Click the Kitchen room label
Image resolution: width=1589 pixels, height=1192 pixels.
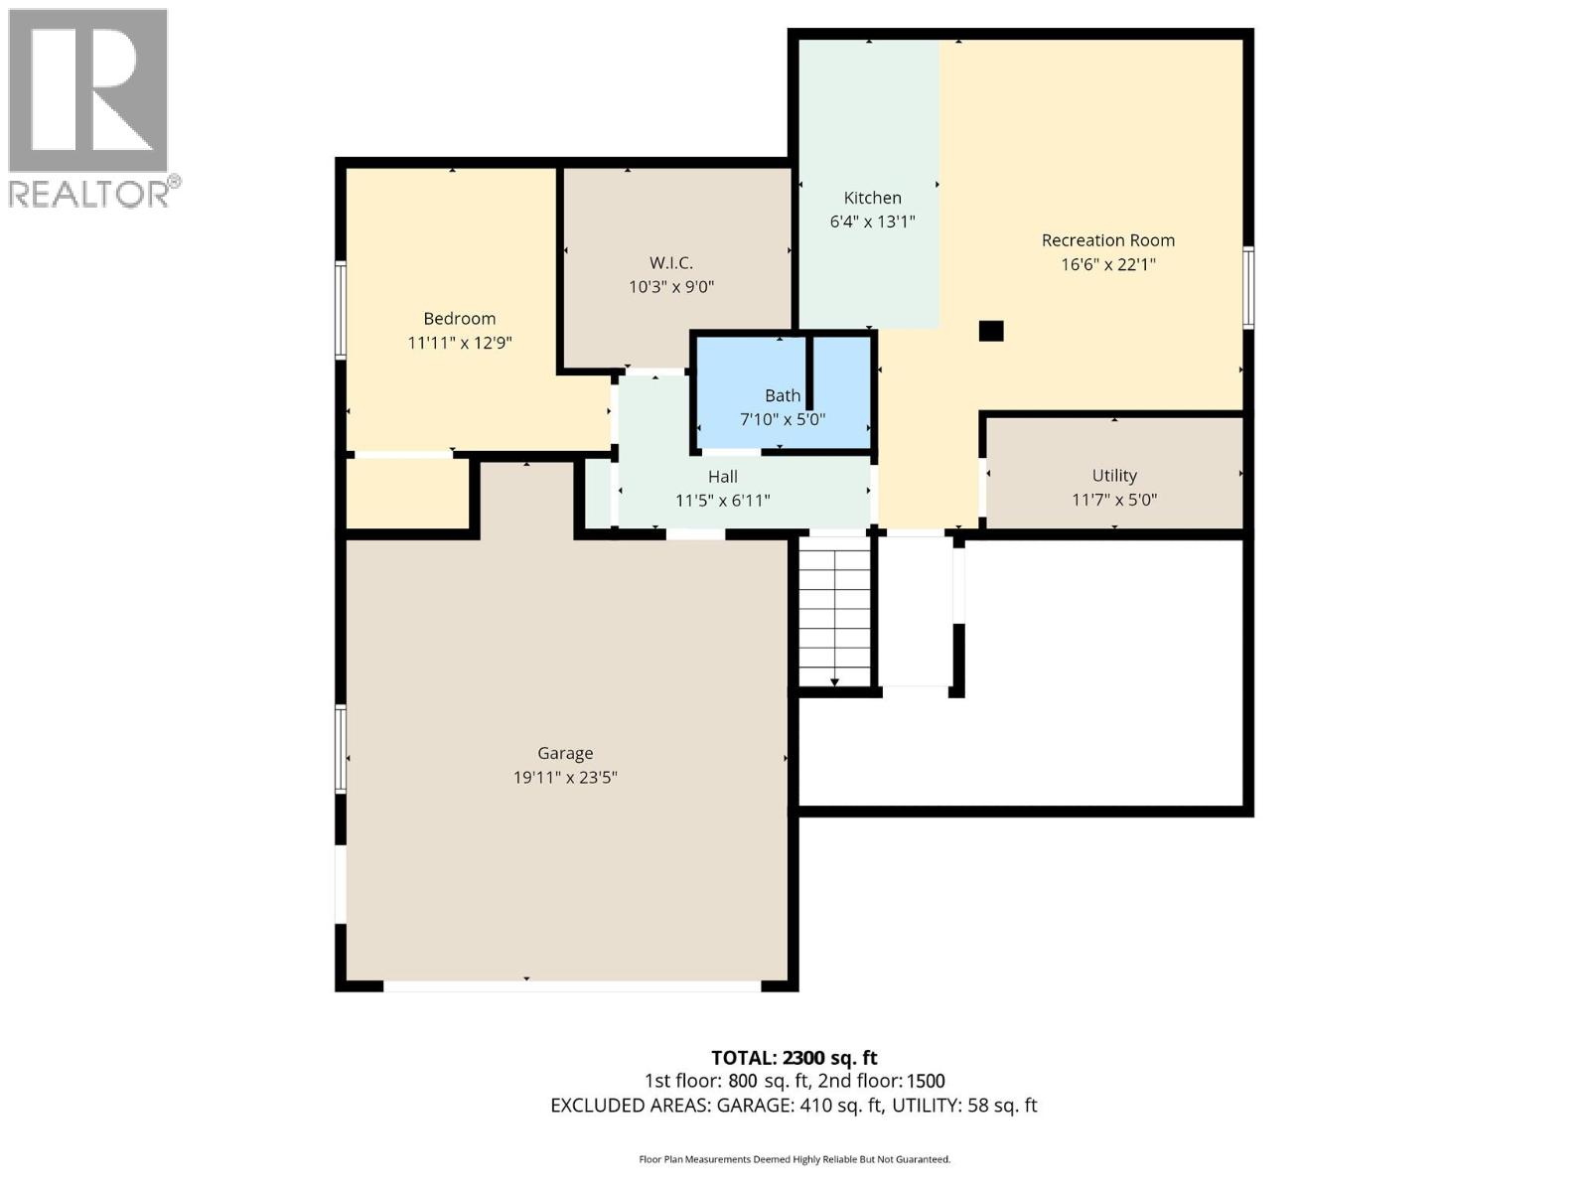tap(872, 198)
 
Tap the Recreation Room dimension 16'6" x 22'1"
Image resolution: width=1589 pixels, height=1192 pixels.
tap(1107, 264)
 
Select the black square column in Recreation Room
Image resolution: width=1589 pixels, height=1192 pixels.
tap(991, 332)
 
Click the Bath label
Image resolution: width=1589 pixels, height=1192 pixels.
tap(783, 395)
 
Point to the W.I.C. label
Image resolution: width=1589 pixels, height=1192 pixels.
tap(670, 263)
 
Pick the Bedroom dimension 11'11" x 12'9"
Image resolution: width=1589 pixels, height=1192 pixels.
tap(459, 343)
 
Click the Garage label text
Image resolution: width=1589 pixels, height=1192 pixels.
tap(565, 753)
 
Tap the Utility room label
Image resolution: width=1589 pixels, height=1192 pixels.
tap(1113, 476)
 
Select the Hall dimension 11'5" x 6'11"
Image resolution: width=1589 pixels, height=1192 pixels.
tap(722, 501)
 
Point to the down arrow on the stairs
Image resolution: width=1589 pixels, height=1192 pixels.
tap(834, 680)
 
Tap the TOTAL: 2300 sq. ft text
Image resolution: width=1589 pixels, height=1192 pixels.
tap(794, 1058)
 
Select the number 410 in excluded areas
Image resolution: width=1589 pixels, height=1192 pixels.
tap(815, 1106)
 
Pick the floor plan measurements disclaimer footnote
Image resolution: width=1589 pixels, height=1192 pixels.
tap(794, 1159)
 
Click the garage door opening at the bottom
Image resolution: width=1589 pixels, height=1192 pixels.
tap(571, 985)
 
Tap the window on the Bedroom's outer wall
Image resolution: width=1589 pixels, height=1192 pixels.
tap(340, 309)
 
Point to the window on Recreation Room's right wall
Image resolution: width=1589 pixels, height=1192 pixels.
tap(1249, 288)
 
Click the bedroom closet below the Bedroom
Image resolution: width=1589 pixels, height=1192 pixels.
tap(407, 494)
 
